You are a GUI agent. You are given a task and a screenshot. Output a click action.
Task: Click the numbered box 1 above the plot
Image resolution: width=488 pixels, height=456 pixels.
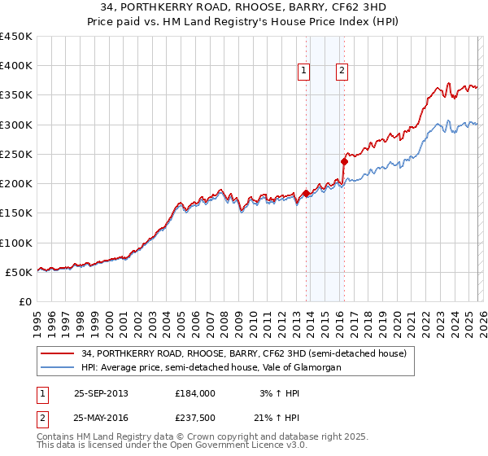(x=303, y=72)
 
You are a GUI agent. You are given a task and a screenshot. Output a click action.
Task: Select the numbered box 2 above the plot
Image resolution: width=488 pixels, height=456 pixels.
(x=342, y=72)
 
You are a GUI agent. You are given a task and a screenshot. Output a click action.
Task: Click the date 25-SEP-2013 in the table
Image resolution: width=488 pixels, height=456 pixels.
(x=101, y=393)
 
